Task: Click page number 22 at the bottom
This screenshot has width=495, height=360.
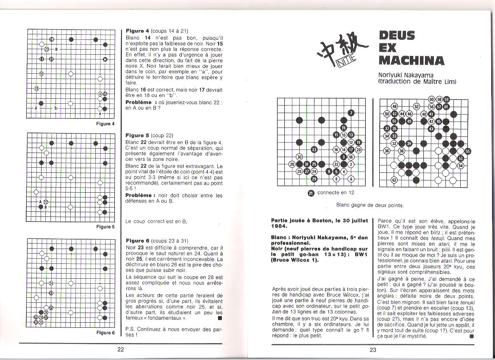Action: (x=121, y=349)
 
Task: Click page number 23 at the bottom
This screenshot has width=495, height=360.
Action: (x=373, y=349)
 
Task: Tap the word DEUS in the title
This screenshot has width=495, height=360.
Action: (x=397, y=36)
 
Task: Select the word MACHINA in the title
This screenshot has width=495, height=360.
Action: (x=412, y=60)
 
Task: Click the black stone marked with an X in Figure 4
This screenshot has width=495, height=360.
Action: (x=105, y=59)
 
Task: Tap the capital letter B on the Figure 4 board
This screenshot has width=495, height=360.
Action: (x=56, y=50)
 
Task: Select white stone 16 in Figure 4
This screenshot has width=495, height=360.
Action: (x=42, y=74)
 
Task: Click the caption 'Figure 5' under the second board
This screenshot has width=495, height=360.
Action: (x=106, y=227)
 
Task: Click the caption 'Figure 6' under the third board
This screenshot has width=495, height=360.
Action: (x=106, y=332)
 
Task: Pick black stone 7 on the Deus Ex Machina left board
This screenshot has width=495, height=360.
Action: (x=351, y=113)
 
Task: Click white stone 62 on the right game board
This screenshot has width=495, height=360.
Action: (x=394, y=180)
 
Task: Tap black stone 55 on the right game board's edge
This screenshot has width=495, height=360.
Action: (x=467, y=151)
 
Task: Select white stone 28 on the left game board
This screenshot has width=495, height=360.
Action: (x=292, y=164)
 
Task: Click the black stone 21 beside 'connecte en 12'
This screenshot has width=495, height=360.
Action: (x=311, y=193)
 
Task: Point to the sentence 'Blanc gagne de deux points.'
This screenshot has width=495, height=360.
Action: (x=370, y=205)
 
